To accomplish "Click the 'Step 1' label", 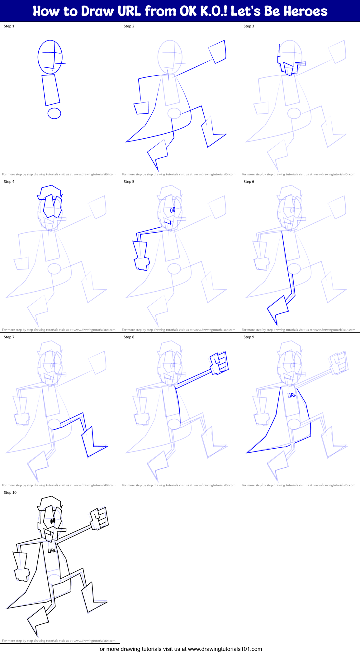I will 9,26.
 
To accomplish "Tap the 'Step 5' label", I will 129,182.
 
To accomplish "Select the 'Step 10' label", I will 10,493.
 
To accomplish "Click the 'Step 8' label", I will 129,337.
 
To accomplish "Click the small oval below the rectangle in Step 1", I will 54,113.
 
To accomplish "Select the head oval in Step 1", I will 50,57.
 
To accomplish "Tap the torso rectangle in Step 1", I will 51,90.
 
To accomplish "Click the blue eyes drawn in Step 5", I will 173,210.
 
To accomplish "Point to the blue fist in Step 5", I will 142,263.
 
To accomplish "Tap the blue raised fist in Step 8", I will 220,363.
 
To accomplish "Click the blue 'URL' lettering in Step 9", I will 291,395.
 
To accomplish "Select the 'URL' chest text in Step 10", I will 52,551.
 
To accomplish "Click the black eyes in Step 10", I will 53,520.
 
